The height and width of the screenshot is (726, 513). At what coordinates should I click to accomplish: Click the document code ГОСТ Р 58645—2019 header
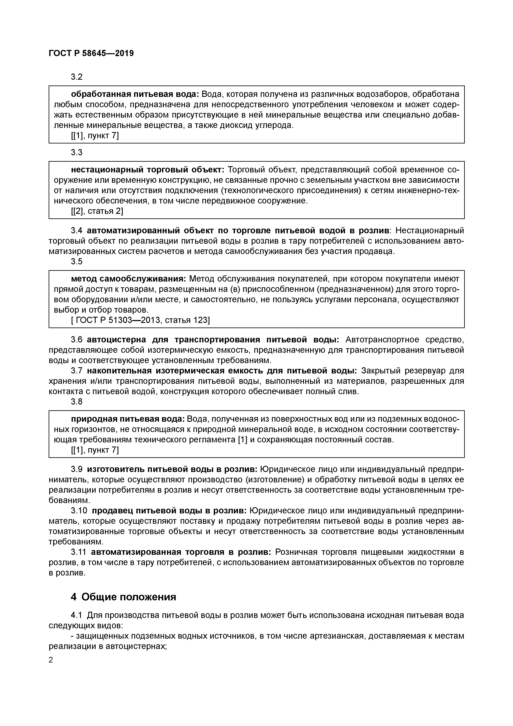91,53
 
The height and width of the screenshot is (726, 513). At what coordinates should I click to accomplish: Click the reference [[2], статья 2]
97,211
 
